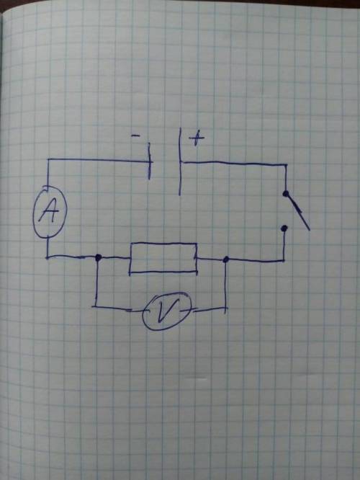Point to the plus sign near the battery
(197, 139)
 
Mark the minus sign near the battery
(135, 135)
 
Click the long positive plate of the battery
(180, 161)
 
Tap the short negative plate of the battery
(149, 161)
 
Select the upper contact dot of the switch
(286, 193)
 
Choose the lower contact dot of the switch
(284, 228)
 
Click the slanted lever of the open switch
(297, 211)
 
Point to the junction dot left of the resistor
(98, 257)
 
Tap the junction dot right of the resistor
(226, 259)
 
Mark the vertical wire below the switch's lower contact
(284, 246)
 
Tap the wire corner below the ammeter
(48, 257)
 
